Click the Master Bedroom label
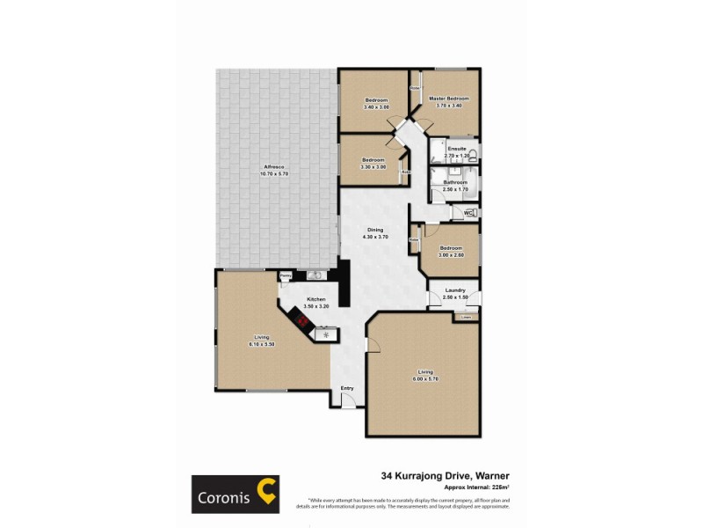447,99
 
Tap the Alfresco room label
274,168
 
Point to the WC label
467,212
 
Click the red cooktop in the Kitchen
302,322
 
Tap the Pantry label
285,275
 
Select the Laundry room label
454,290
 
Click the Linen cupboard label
467,317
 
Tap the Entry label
347,387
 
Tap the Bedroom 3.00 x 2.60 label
451,248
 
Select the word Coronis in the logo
223,496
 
